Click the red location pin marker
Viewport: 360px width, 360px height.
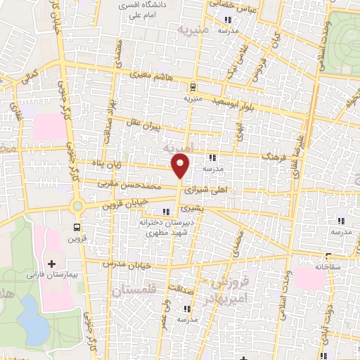tap(181, 165)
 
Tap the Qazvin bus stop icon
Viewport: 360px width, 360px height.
tap(78, 228)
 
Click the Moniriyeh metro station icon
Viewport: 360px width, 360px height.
tap(192, 86)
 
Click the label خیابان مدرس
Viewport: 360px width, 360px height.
tap(127, 264)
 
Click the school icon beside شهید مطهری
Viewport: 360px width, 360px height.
tap(166, 212)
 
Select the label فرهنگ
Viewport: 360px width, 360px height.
tap(271, 160)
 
